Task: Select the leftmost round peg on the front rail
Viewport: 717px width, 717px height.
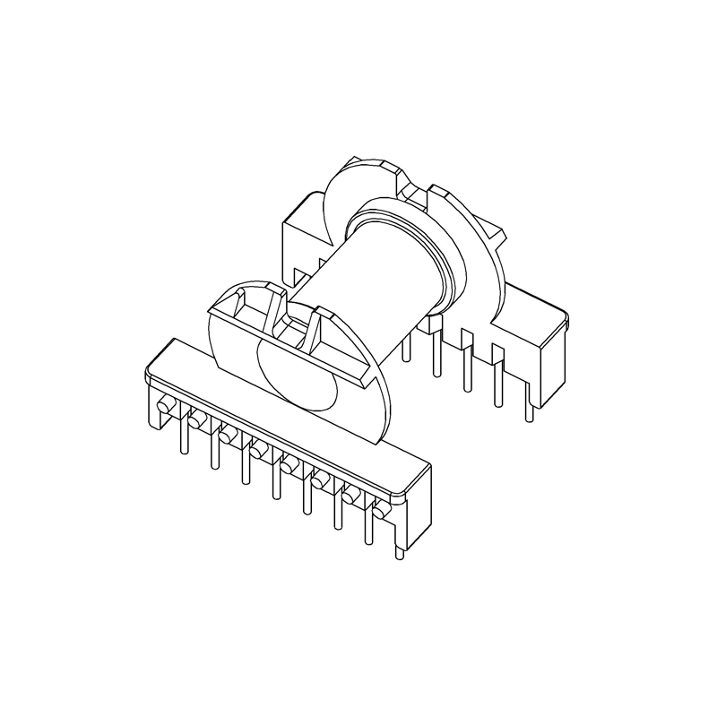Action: pos(165,408)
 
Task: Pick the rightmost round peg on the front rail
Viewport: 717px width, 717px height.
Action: pos(380,510)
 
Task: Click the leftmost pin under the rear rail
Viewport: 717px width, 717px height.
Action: pos(407,345)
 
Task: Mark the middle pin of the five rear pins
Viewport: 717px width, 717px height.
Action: pos(466,372)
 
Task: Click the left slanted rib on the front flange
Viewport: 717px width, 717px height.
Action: pos(269,314)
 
